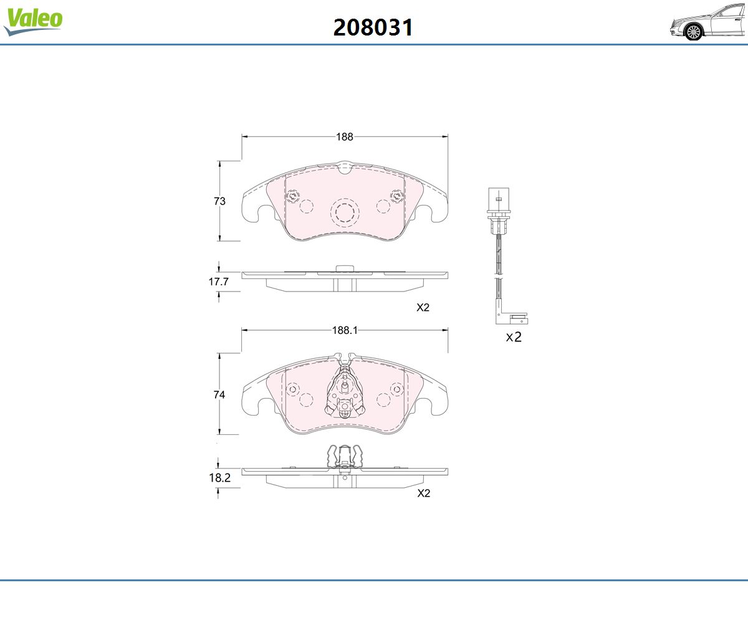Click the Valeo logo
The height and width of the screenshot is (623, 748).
point(33,21)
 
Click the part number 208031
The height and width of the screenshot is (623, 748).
point(373,27)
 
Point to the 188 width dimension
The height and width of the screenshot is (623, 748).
point(345,137)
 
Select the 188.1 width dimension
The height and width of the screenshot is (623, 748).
point(345,330)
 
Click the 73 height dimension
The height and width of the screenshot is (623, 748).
point(219,201)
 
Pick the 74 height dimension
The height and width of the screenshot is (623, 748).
point(219,394)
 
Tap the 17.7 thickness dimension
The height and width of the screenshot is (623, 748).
point(219,282)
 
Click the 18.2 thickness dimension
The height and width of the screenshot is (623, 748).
point(219,478)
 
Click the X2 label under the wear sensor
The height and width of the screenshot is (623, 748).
point(514,337)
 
